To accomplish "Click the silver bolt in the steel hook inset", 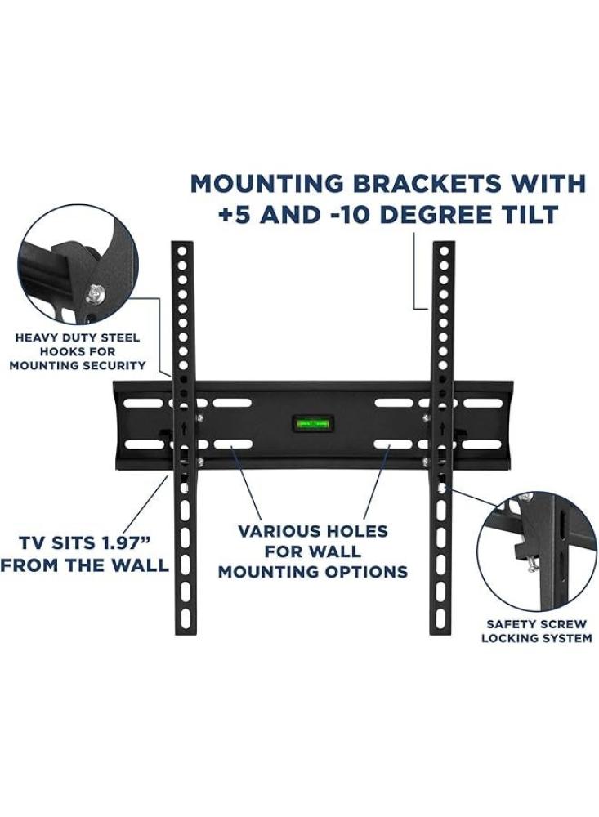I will click(96, 290).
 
